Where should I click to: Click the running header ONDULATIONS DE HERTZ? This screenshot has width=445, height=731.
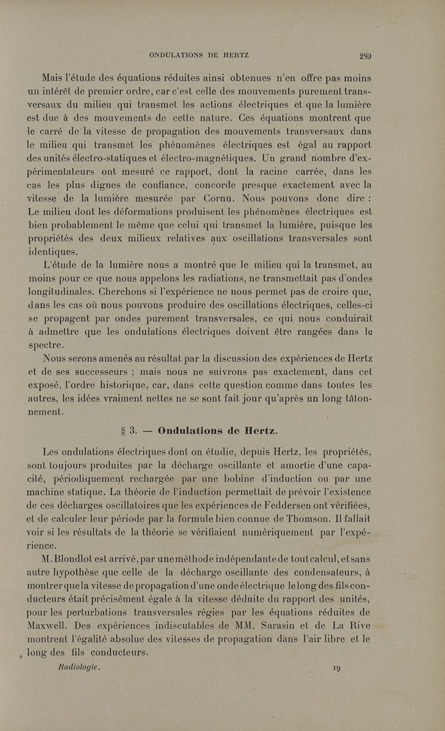[199, 55]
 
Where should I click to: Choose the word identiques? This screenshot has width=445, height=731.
[53, 251]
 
